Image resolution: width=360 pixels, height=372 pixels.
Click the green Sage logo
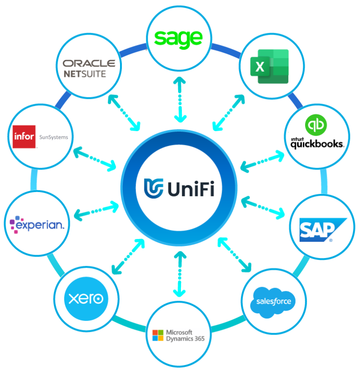[179, 38]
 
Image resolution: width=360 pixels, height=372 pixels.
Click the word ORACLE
[89, 63]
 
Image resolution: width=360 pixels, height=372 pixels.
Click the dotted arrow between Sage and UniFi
[179, 99]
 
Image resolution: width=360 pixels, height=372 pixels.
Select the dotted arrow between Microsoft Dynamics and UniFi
[179, 275]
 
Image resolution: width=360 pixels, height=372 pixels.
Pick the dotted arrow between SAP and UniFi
[262, 207]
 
